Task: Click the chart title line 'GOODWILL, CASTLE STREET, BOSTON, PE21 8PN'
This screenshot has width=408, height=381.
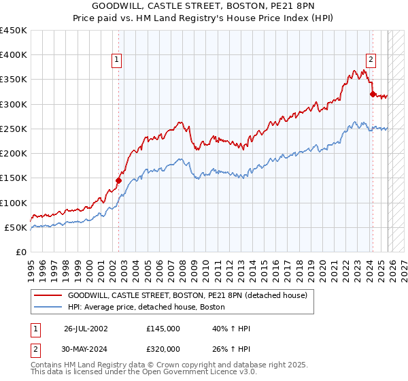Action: tap(204, 7)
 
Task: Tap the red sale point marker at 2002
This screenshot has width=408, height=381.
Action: tap(118, 181)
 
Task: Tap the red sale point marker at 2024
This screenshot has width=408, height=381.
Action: tap(372, 95)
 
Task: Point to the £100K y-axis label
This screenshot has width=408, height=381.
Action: tap(14, 203)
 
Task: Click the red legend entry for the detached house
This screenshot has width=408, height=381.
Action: tap(187, 296)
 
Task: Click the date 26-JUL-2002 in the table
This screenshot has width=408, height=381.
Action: tap(86, 328)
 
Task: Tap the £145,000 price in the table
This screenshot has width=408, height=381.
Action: tap(163, 328)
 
